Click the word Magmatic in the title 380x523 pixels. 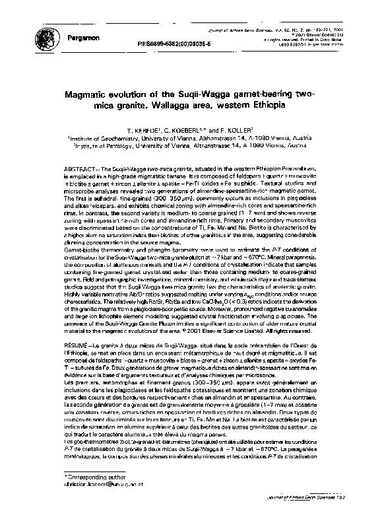pyautogui.click(x=88, y=94)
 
